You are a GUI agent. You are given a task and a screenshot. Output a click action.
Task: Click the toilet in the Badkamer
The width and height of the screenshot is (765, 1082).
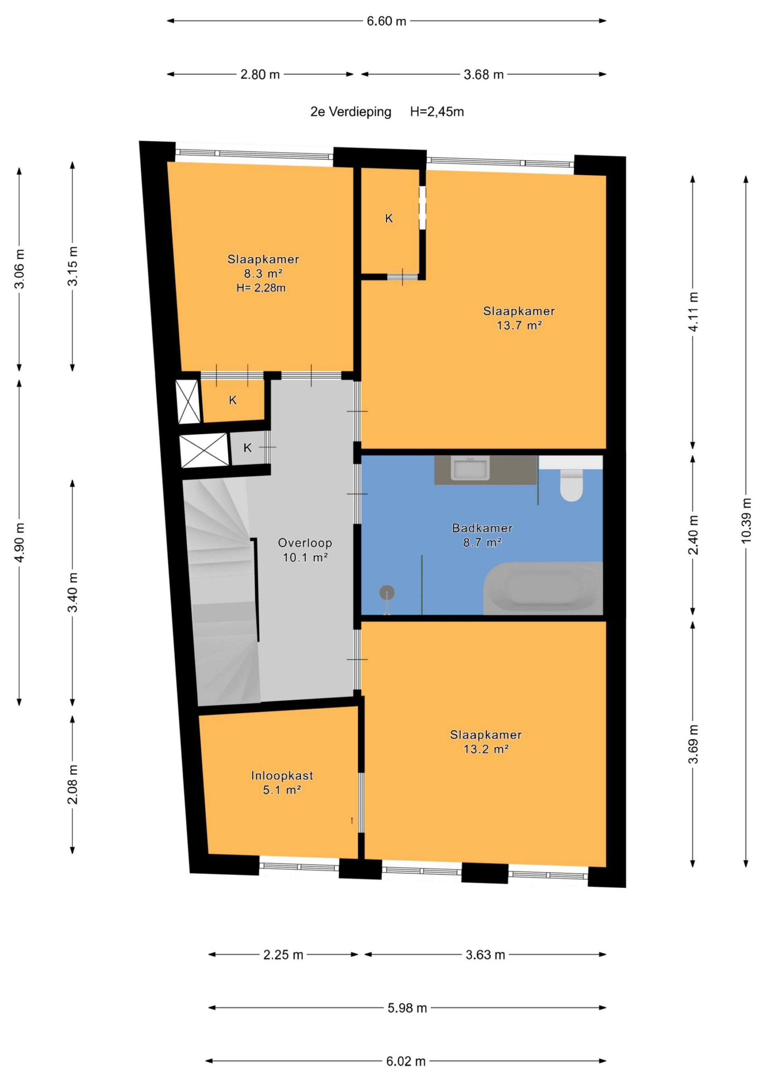571,486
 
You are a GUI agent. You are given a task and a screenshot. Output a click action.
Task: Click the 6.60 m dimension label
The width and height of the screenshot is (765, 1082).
386,21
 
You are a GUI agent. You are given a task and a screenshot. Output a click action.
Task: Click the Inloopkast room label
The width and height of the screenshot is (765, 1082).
282,776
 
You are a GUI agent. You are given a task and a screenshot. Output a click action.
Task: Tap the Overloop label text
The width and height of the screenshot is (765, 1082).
305,543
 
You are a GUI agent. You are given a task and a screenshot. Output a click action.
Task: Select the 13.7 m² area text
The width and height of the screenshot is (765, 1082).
519,325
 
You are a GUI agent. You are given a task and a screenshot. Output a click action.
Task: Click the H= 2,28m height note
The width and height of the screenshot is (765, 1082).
261,288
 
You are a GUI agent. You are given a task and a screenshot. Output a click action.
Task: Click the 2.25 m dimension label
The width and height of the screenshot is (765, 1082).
283,955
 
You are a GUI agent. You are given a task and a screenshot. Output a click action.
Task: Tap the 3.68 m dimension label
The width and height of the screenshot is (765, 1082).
484,74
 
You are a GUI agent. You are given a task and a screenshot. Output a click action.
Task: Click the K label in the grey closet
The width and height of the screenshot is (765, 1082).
247,448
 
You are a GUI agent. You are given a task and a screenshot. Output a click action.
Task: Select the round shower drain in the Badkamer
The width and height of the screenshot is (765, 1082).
387,592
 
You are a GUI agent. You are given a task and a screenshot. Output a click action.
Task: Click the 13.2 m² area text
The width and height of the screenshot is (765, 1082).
486,749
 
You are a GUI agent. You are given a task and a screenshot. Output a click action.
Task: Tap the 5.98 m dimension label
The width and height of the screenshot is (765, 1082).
407,1008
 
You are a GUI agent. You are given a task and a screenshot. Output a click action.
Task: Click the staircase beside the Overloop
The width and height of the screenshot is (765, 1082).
222,592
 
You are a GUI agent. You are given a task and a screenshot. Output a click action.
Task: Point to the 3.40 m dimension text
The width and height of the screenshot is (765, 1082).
73,592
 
